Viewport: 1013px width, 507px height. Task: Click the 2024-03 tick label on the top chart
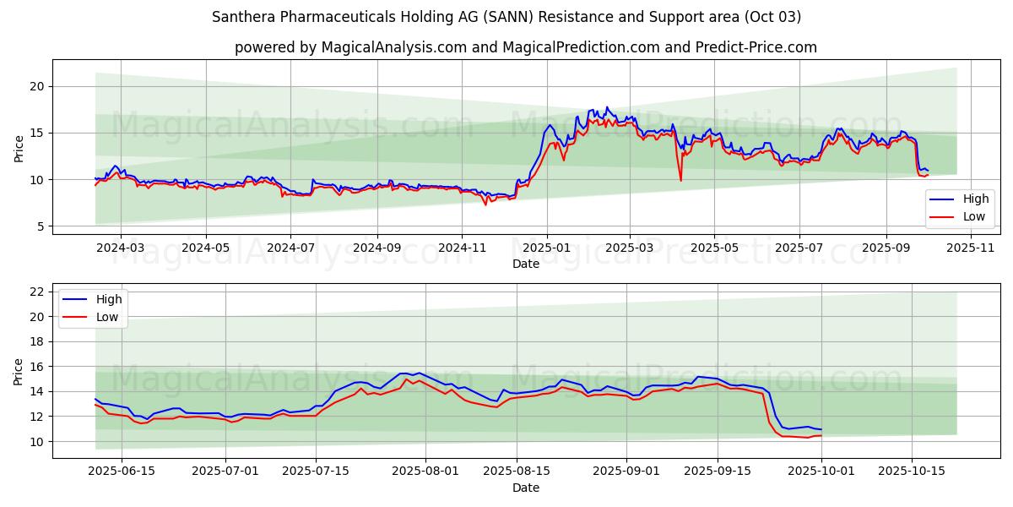[120, 248]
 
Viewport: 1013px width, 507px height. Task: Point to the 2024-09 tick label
[376, 248]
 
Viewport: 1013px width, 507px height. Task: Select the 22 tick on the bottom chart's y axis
[37, 292]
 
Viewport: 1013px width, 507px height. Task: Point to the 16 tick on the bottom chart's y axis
[37, 367]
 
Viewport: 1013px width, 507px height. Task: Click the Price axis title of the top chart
[19, 147]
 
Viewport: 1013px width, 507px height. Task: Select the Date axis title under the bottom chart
[525, 488]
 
